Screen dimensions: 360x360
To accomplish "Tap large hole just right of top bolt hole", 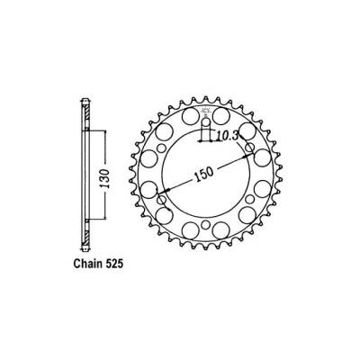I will point(222,118).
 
